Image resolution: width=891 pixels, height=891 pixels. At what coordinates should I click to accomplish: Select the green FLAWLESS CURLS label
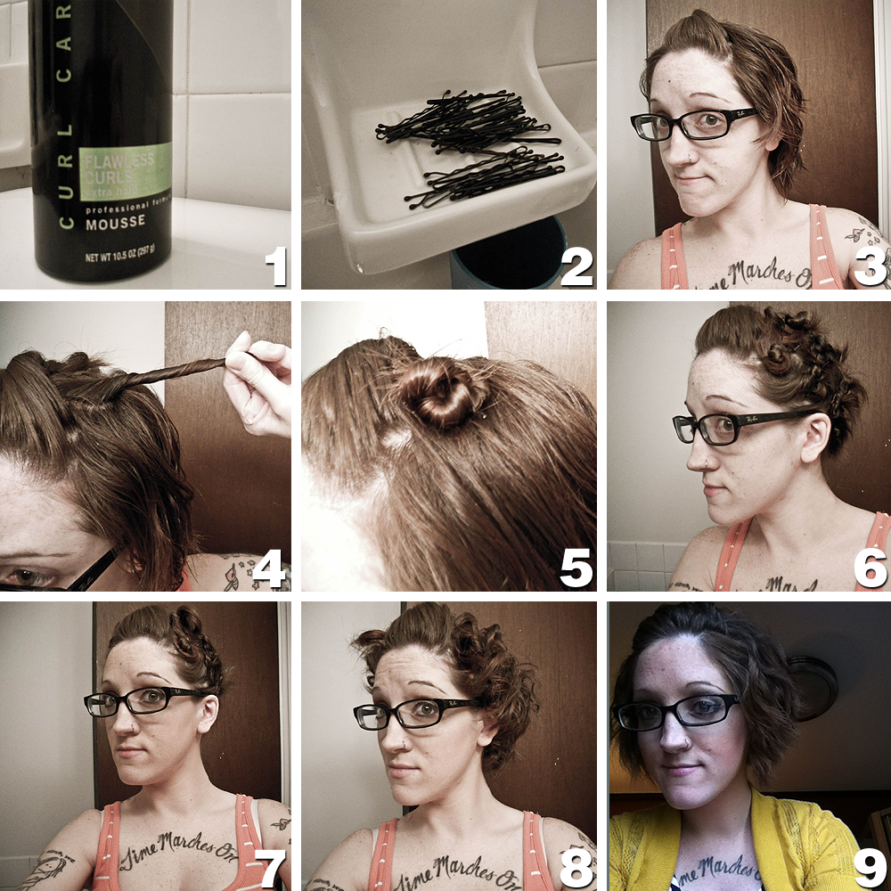(x=124, y=175)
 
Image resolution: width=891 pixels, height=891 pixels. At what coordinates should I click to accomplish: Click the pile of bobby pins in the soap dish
(x=472, y=143)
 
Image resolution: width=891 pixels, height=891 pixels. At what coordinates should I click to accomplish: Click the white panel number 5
(x=576, y=568)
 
